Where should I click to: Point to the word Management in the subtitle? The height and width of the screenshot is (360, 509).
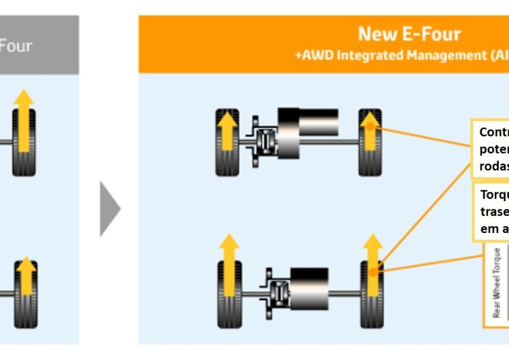tap(441, 56)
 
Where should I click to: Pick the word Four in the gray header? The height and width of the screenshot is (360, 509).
tap(15, 46)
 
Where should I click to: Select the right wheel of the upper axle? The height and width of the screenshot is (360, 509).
tap(371, 143)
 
